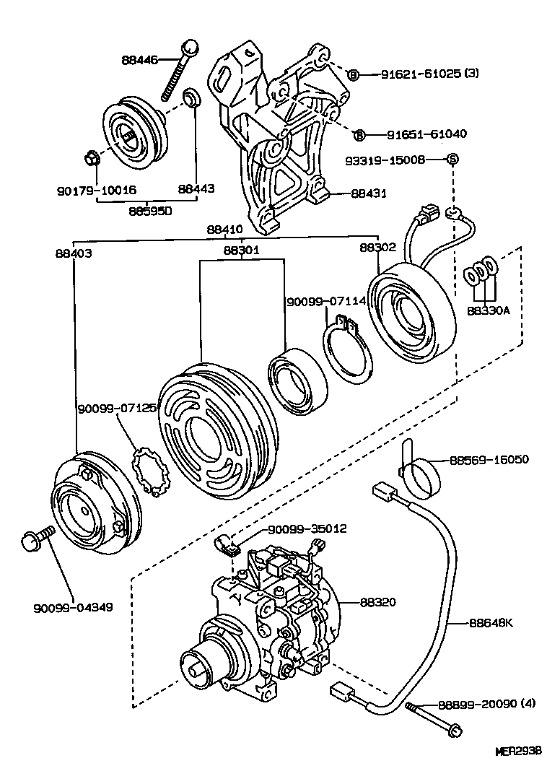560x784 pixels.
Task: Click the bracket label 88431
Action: pos(369,193)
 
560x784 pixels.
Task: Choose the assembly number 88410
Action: pos(226,230)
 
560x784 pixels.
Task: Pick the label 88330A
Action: pos(489,311)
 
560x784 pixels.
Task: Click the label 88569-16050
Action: pos(489,459)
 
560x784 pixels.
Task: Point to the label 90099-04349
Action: pos(73,606)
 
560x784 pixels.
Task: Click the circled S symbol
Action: pos(452,159)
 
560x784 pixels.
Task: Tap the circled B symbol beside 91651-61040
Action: pos(359,135)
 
